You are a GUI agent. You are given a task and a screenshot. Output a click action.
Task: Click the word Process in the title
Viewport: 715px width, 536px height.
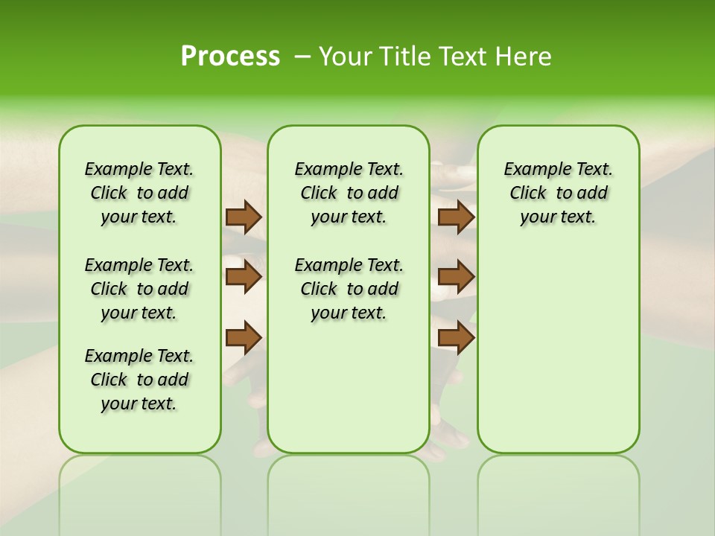(230, 56)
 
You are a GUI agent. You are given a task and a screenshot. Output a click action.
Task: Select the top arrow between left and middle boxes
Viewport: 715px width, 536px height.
(244, 217)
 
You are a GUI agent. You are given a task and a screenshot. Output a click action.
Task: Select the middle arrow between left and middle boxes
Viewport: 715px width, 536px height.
(244, 277)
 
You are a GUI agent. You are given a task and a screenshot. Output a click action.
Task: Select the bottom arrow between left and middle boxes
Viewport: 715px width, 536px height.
(244, 337)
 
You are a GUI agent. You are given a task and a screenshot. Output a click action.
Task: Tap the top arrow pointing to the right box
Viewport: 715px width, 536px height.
(456, 217)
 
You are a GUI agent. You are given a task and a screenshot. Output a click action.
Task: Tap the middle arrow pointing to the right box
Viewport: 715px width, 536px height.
(456, 277)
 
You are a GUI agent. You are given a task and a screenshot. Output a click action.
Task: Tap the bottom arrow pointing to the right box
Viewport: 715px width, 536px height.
(456, 337)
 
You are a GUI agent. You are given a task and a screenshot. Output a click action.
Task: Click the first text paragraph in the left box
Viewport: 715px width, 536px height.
(139, 193)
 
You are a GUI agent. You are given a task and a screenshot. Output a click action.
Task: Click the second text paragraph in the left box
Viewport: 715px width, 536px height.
(139, 289)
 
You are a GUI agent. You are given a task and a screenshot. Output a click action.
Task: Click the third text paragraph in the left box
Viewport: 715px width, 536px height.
(139, 380)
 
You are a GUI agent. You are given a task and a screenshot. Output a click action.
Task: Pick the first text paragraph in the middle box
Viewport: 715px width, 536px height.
(349, 193)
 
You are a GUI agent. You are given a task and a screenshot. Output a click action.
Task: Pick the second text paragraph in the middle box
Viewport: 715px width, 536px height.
(349, 289)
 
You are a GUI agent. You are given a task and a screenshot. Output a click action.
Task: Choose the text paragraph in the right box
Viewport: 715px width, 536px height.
(558, 193)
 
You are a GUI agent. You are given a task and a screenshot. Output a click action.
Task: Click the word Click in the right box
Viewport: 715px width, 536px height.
(528, 194)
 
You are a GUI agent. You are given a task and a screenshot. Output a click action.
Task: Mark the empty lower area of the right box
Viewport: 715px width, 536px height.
(558, 342)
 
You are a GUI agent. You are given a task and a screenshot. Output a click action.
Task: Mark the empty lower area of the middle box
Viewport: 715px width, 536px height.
(349, 387)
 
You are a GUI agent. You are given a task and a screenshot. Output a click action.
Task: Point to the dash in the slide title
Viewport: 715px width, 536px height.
(302, 57)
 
